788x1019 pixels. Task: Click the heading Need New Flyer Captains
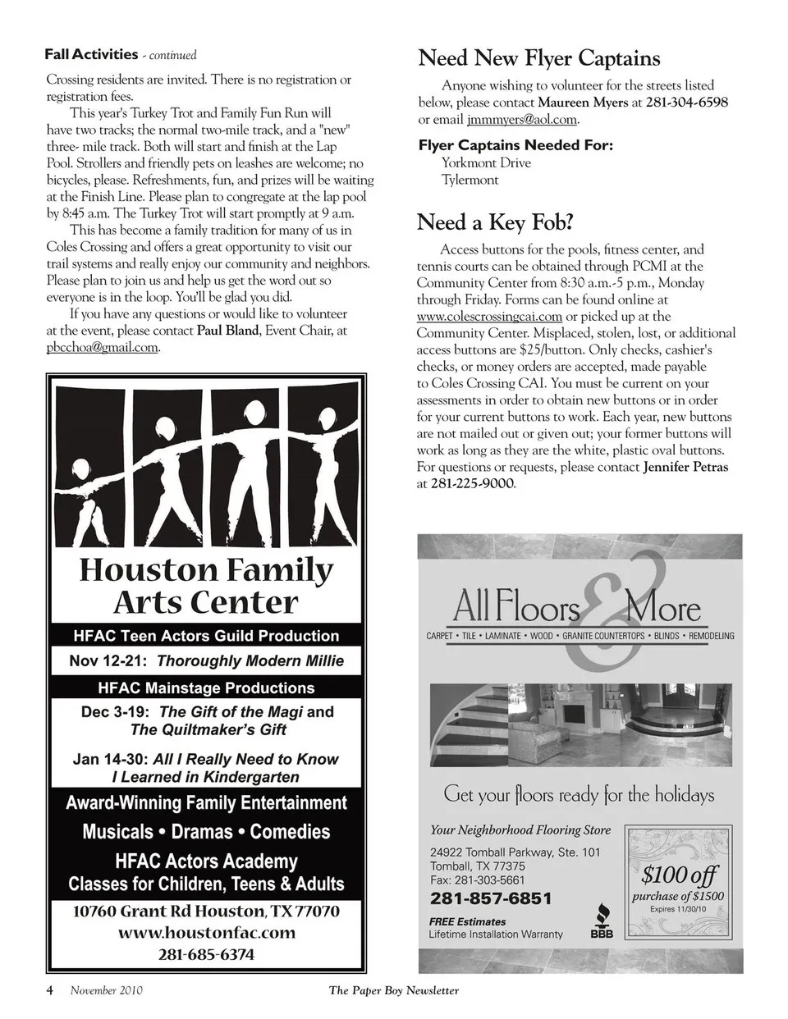click(538, 58)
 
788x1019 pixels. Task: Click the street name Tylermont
click(470, 180)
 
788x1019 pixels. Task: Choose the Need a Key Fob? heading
click(495, 222)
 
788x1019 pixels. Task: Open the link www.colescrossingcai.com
click(489, 317)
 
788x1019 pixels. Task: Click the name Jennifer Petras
click(685, 467)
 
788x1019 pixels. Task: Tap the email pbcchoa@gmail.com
click(102, 348)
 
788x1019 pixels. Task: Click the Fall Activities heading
click(91, 55)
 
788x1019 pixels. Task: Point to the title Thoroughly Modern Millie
click(250, 660)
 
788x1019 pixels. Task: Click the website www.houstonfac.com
click(206, 933)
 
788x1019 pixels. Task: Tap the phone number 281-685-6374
click(206, 955)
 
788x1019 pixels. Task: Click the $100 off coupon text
click(679, 875)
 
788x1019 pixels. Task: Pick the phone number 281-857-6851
click(491, 898)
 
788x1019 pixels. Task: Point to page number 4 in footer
click(49, 990)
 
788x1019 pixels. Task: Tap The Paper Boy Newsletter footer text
click(394, 990)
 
